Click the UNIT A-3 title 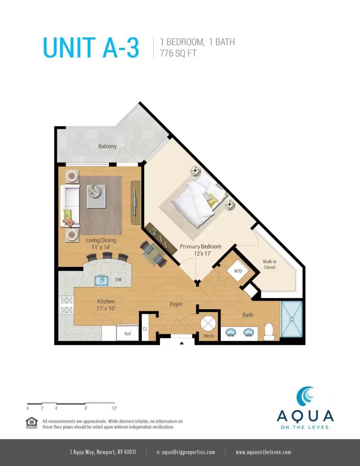tap(91, 48)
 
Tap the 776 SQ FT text tap(178, 53)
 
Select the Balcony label tap(107, 146)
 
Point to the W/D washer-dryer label tap(238, 271)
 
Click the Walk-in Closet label tap(270, 264)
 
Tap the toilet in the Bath tap(269, 332)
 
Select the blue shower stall tap(292, 319)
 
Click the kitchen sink tap(101, 280)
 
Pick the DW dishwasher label tap(119, 280)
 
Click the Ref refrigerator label tap(127, 334)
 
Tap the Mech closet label tap(209, 336)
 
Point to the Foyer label tap(176, 304)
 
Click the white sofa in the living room tap(70, 206)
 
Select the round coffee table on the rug tap(95, 192)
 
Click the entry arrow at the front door tap(182, 343)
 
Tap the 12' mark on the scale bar tap(114, 408)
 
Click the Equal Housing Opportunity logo tap(32, 423)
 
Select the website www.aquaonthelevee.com tap(263, 452)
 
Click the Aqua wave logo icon tap(305, 396)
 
